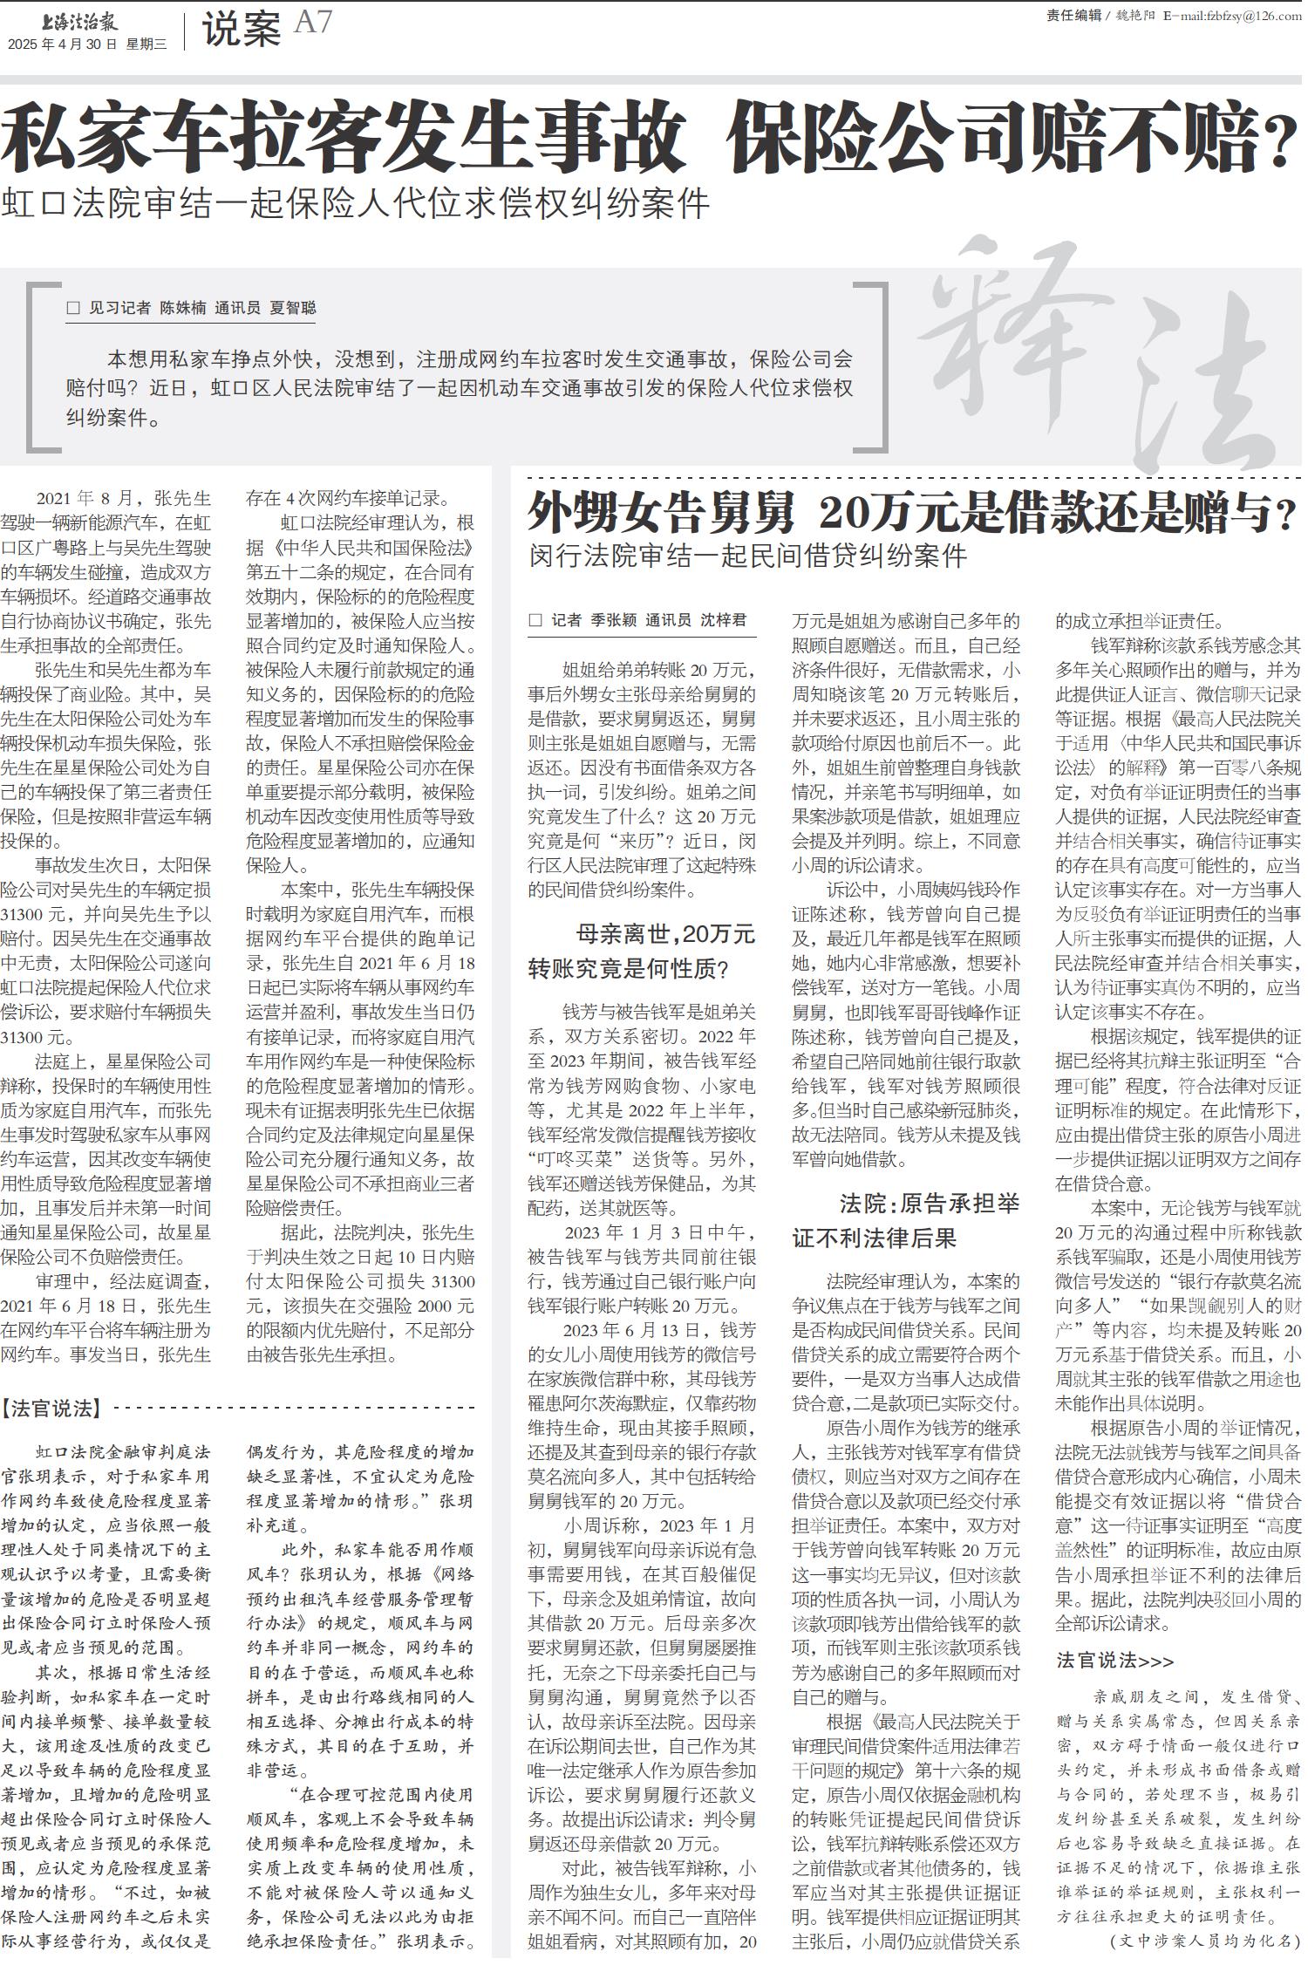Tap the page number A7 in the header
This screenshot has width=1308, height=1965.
pos(313,23)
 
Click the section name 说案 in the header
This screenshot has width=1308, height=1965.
pos(241,30)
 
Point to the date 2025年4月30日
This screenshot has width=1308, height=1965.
pos(62,44)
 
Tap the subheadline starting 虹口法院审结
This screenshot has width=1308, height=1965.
pos(355,203)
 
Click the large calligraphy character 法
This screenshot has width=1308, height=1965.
pos(1212,392)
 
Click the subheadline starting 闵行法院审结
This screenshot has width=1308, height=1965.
pos(747,556)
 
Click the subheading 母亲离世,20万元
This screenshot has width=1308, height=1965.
pos(665,934)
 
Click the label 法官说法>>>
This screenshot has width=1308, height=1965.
pos(1114,1660)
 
